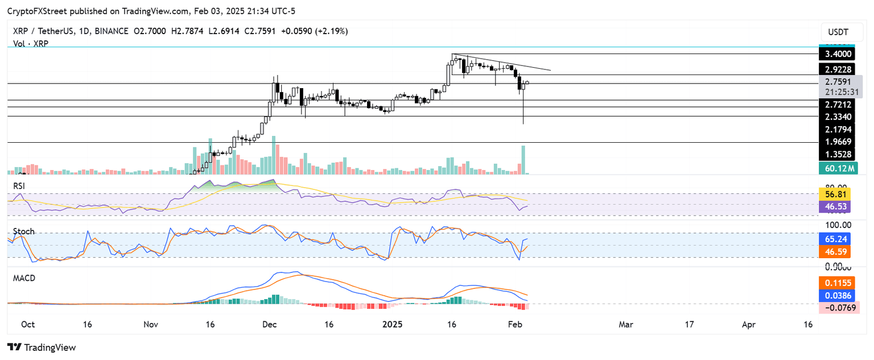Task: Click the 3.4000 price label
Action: click(x=838, y=54)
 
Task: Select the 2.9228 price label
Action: click(x=838, y=69)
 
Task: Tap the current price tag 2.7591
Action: click(x=838, y=81)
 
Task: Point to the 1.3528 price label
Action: click(x=838, y=154)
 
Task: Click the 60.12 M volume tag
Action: click(x=838, y=168)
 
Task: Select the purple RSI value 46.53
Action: click(x=838, y=207)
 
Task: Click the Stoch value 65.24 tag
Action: click(x=838, y=240)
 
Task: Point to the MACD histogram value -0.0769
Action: click(x=838, y=308)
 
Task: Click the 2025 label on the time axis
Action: click(x=393, y=324)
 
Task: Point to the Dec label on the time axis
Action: click(x=269, y=324)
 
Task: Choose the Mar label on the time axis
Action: click(x=626, y=324)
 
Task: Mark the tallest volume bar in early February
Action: click(x=523, y=160)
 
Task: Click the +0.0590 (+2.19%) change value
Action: click(x=320, y=31)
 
